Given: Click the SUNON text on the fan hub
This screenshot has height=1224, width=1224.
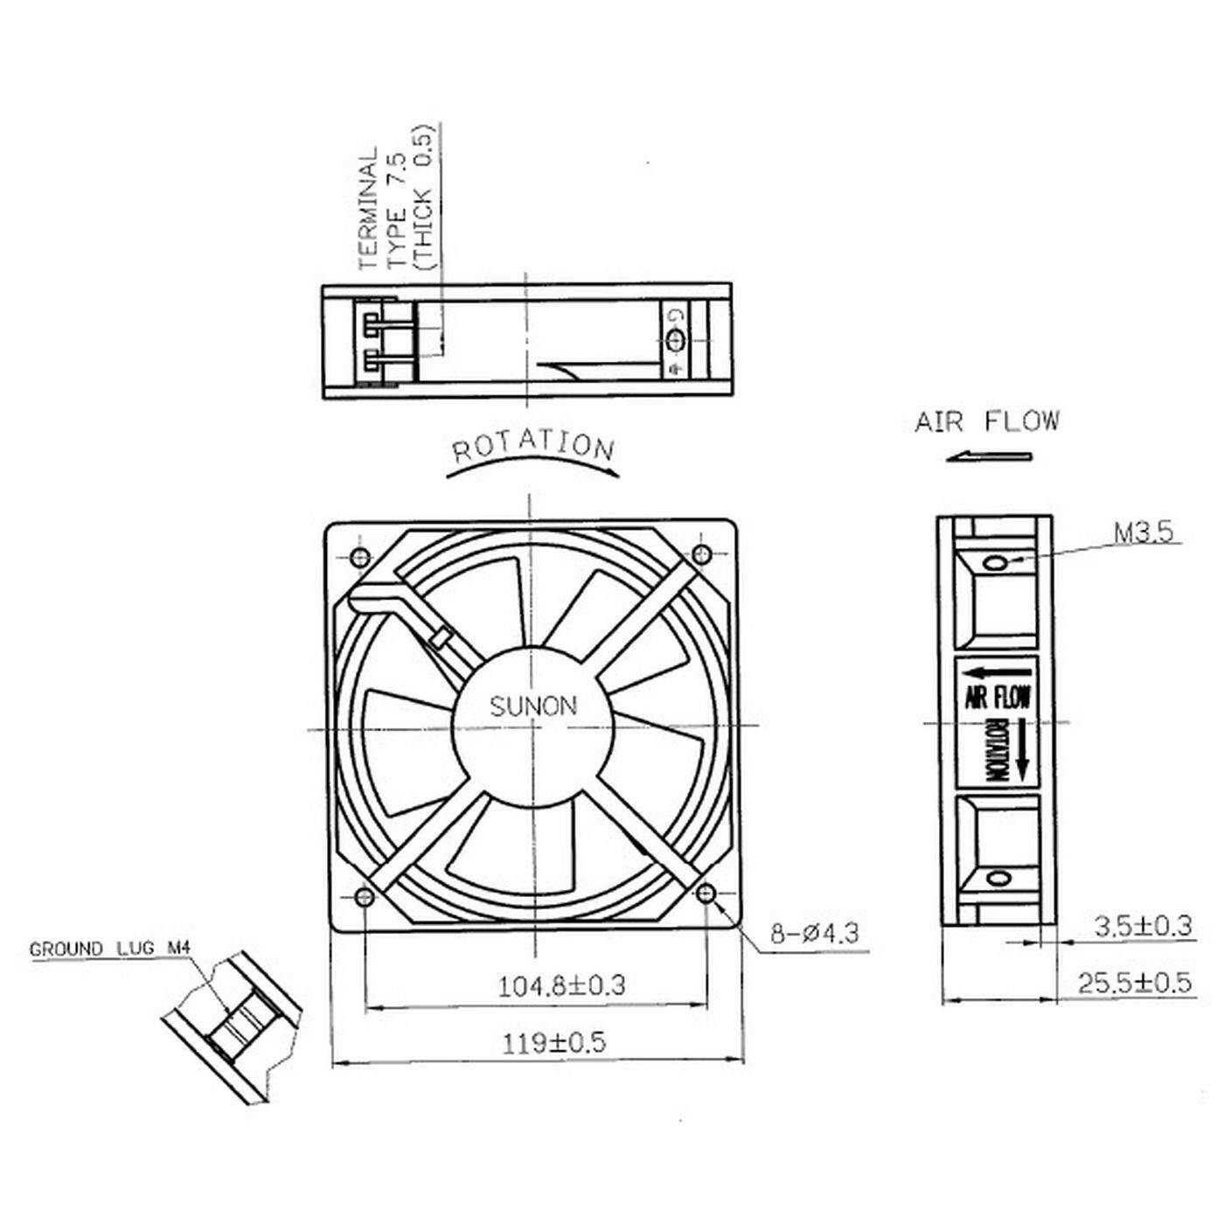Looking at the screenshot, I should click(533, 706).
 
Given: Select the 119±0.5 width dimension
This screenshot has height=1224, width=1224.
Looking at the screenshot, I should click(553, 1042).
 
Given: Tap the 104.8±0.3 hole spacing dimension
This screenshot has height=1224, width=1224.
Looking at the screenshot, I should click(562, 986).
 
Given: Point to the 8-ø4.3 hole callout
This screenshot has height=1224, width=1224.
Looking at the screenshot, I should click(815, 934).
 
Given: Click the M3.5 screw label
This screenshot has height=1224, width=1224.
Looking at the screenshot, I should click(1143, 532).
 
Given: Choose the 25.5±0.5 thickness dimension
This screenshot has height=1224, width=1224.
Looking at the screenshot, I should click(1134, 983).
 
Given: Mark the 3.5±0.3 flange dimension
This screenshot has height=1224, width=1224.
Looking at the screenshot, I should click(1143, 926).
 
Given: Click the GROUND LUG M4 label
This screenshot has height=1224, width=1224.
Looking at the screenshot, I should click(110, 949).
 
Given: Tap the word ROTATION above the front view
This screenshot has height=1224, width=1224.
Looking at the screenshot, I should click(533, 448).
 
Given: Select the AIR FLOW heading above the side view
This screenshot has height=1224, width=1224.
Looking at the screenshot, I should click(986, 422).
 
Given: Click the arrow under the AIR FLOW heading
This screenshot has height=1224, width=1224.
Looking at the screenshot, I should click(989, 456).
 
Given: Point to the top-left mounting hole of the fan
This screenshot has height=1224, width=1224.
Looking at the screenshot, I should click(359, 557).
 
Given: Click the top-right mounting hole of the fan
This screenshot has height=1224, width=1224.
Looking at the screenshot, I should click(700, 553).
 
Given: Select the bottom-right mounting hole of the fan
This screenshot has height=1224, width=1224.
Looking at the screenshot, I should click(706, 893).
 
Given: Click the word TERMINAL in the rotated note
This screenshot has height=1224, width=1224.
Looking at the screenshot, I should click(368, 207).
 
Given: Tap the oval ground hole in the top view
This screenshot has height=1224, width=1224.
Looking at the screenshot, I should click(675, 340).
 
